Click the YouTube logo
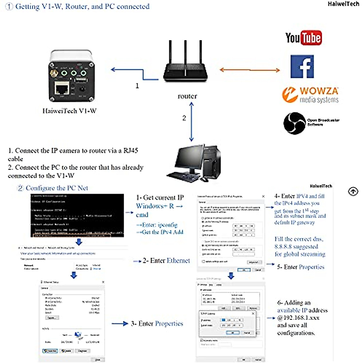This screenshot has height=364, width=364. (x=303, y=38)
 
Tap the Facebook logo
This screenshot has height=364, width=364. (x=302, y=66)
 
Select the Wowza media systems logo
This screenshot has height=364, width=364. (x=310, y=95)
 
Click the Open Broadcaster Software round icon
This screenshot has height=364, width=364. (x=294, y=123)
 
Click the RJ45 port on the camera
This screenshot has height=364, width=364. (x=62, y=89)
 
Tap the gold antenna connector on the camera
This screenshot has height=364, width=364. (x=54, y=73)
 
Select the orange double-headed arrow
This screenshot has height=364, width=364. (x=249, y=70)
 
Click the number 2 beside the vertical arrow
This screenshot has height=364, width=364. (x=184, y=118)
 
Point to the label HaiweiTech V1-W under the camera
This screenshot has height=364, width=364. (x=69, y=111)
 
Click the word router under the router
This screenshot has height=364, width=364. (x=187, y=96)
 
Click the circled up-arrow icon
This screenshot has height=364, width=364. (x=353, y=192)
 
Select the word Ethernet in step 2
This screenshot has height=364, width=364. (x=178, y=261)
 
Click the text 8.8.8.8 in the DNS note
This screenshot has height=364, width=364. (x=283, y=247)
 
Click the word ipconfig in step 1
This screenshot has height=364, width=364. (x=167, y=225)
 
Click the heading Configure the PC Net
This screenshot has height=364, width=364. (x=57, y=188)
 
